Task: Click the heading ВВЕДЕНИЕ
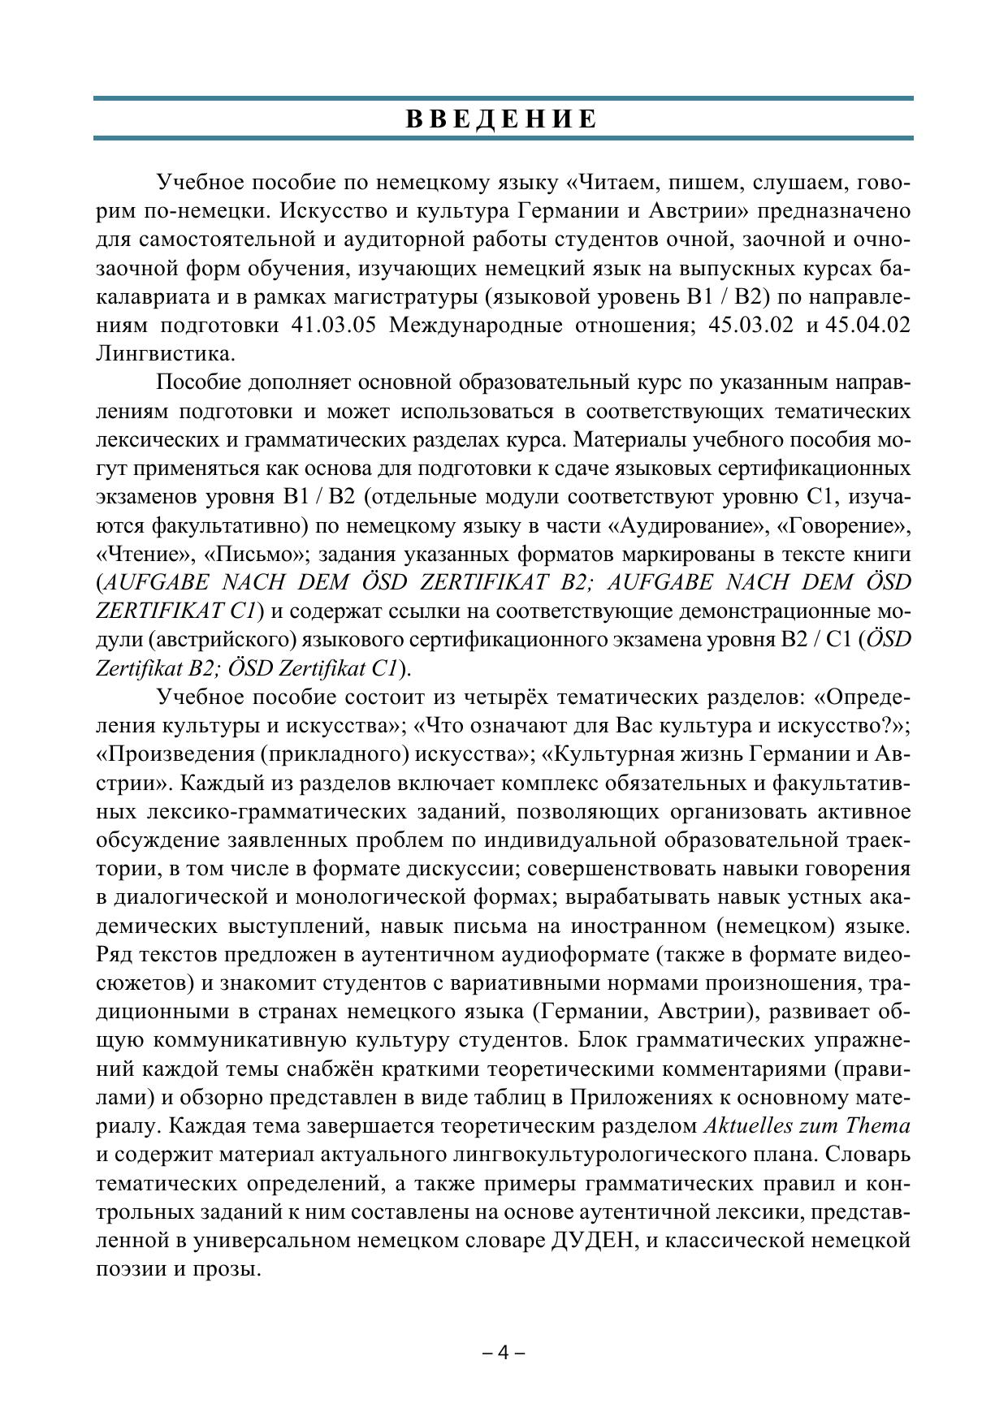pyautogui.click(x=503, y=119)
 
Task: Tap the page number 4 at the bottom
pyautogui.click(x=503, y=1353)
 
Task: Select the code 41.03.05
pyautogui.click(x=333, y=326)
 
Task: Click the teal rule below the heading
pyautogui.click(x=503, y=139)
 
